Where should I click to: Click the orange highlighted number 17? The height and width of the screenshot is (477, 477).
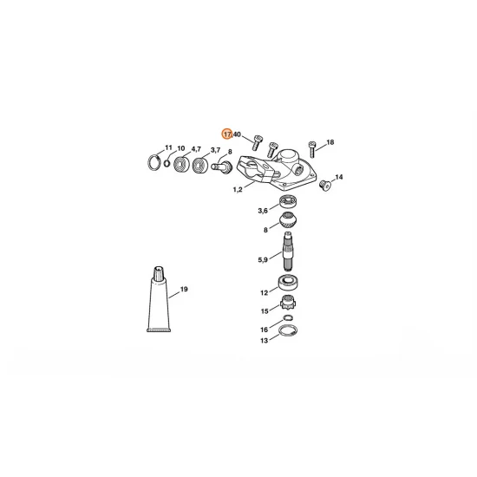(227, 134)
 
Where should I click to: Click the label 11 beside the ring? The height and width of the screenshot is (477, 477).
(169, 148)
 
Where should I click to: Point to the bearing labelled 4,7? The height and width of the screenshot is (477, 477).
(198, 164)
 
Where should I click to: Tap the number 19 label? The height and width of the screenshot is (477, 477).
(184, 288)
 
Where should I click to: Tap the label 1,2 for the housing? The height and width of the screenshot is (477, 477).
(237, 190)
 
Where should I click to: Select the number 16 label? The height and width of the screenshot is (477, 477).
(264, 330)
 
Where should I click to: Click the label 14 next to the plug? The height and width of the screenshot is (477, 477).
(338, 177)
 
